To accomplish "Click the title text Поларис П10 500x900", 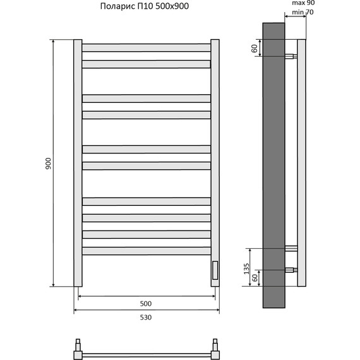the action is (x=145, y=6).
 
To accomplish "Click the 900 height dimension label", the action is (x=48, y=164).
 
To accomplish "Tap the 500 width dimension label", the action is (x=146, y=304).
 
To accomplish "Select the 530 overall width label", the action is (x=146, y=318).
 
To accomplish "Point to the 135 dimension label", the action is (x=246, y=268).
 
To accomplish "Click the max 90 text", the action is (x=303, y=3).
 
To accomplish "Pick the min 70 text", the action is (x=303, y=12).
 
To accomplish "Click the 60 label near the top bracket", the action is (x=255, y=49).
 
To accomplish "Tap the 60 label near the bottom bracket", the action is (x=255, y=278).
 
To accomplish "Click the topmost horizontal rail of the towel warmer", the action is (x=147, y=47).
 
